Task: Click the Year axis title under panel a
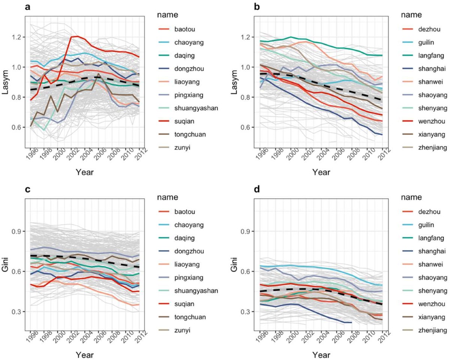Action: [x=84, y=172]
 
